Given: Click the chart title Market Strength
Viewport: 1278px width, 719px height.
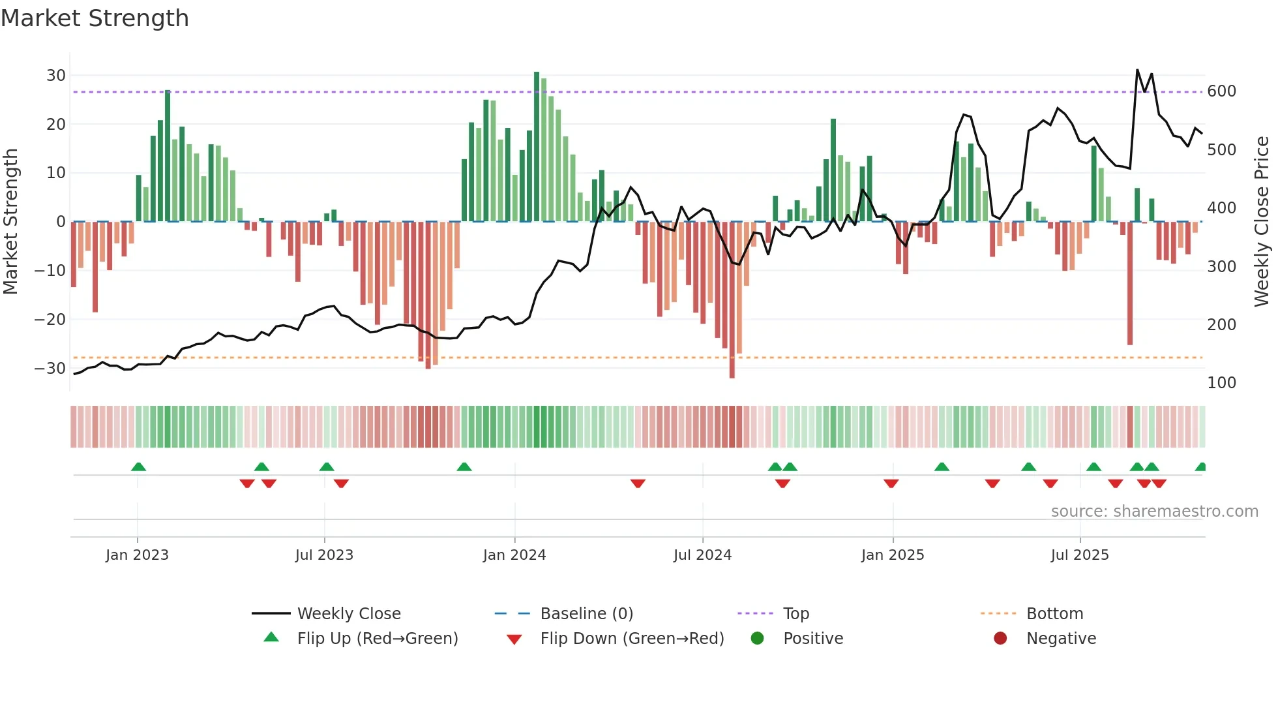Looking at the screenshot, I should tap(95, 18).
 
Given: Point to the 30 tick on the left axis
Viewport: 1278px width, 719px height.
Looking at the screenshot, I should tap(56, 75).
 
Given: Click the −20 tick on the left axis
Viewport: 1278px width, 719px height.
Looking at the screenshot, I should tap(50, 319).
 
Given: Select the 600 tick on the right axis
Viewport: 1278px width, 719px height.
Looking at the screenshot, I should tap(1221, 91).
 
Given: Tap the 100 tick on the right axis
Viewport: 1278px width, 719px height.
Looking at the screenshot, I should tap(1221, 383).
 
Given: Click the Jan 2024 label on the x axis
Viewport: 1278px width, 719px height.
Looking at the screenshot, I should tap(514, 555).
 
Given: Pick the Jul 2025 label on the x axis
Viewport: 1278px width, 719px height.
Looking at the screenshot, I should tap(1079, 555).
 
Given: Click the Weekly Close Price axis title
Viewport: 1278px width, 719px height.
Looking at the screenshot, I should tap(1262, 222).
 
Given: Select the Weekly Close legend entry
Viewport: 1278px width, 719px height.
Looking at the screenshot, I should tap(349, 614).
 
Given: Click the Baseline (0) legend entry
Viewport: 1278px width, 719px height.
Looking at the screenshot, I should tap(586, 614).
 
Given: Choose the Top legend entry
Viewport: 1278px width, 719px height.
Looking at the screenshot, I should tap(795, 614).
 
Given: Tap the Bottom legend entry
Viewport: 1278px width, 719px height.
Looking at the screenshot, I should tap(1054, 614).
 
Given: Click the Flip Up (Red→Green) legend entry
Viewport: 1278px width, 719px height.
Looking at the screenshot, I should tap(378, 639).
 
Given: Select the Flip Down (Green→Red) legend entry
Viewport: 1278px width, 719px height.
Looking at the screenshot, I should tap(632, 639).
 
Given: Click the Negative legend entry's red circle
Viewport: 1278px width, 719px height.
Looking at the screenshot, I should tap(1000, 638).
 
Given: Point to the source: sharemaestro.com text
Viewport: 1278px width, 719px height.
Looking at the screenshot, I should tap(1154, 512).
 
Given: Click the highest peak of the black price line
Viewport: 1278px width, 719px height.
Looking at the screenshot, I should tap(1137, 70).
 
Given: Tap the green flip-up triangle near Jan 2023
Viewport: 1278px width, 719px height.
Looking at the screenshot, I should tap(138, 467).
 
